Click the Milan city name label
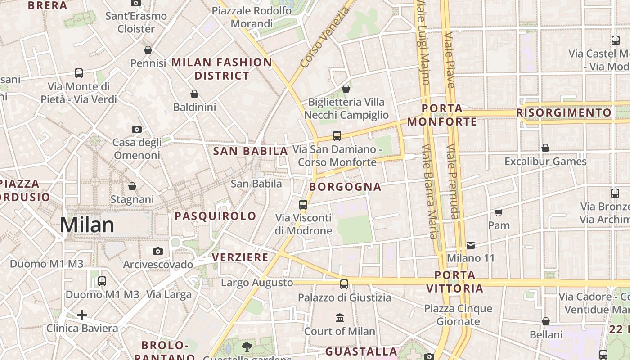pyautogui.click(x=87, y=225)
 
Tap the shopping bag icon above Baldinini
pyautogui.click(x=194, y=94)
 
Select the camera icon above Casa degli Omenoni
pyautogui.click(x=137, y=129)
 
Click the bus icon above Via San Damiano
pyautogui.click(x=337, y=135)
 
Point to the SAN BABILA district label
pyautogui.click(x=251, y=151)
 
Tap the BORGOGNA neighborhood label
pyautogui.click(x=346, y=187)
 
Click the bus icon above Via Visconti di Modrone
pyautogui.click(x=303, y=205)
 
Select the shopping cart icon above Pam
pyautogui.click(x=498, y=212)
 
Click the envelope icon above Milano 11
pyautogui.click(x=471, y=245)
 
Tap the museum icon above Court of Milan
pyautogui.click(x=340, y=318)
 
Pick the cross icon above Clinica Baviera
pyautogui.click(x=82, y=315)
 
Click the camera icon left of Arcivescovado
pyautogui.click(x=157, y=251)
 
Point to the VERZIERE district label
pyautogui.click(x=240, y=257)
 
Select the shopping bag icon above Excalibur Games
pyautogui.click(x=545, y=148)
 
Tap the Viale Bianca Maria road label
pyautogui.click(x=429, y=191)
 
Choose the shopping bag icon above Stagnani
pyautogui.click(x=132, y=186)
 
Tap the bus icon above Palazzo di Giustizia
pyautogui.click(x=344, y=284)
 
